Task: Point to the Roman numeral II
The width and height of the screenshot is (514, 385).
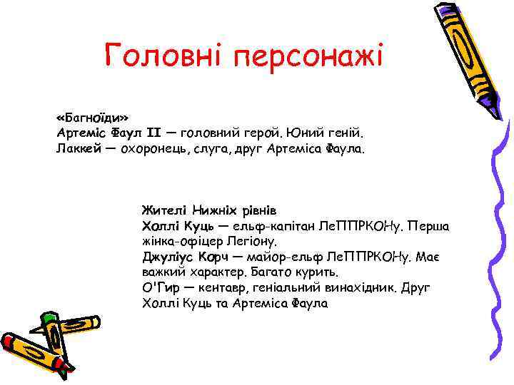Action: [x=154, y=133]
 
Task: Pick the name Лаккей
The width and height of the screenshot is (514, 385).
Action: [x=78, y=149]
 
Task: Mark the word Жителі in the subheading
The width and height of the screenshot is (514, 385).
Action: [x=164, y=210]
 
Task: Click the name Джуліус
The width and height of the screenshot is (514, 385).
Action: [x=168, y=257]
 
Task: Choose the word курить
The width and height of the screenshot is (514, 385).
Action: [x=318, y=273]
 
